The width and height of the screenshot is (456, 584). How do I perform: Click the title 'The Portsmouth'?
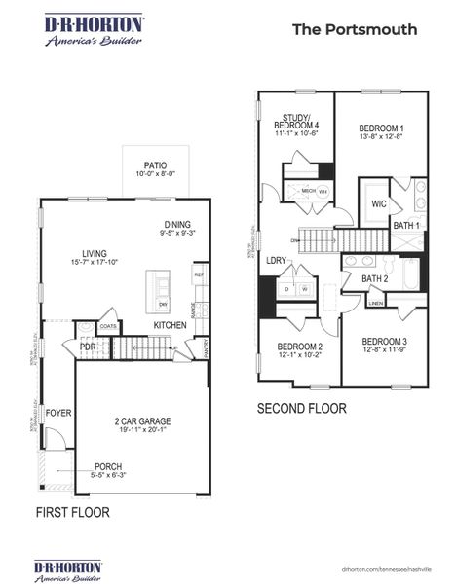[355, 29]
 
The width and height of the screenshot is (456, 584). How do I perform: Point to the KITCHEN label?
[170, 325]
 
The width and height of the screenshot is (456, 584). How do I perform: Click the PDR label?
[88, 347]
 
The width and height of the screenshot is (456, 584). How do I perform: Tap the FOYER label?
[59, 412]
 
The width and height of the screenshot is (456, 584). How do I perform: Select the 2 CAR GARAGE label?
[142, 421]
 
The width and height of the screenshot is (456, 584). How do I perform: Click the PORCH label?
[108, 466]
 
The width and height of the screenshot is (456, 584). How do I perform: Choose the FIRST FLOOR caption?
[73, 512]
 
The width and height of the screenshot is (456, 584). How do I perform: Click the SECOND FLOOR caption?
[301, 409]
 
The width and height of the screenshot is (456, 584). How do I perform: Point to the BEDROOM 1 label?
[381, 128]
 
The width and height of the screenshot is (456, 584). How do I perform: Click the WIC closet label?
[378, 204]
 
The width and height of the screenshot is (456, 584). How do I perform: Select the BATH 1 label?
[406, 226]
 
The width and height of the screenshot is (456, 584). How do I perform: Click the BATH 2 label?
[375, 279]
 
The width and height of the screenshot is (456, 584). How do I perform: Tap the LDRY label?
[276, 261]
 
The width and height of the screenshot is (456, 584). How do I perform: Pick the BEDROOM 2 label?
[299, 347]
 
